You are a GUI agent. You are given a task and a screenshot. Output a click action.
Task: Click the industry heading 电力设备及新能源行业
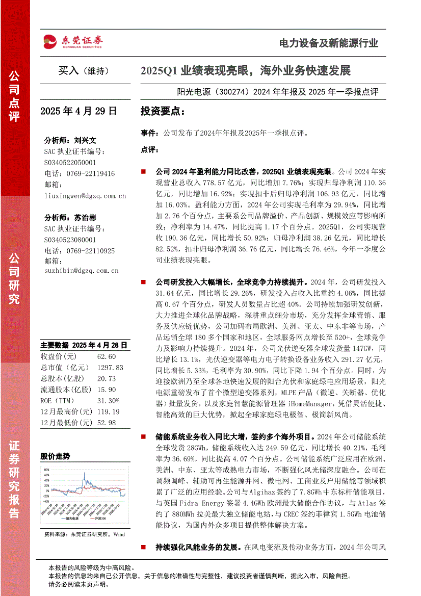pyautogui.click(x=328, y=43)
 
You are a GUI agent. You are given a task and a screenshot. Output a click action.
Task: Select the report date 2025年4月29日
pyautogui.click(x=78, y=111)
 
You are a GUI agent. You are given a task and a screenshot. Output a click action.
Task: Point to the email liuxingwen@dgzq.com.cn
pyautogui.click(x=85, y=195)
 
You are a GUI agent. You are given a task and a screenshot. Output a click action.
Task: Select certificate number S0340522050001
pyautogui.click(x=70, y=162)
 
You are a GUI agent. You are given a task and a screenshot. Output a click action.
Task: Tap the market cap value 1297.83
pyautogui.click(x=109, y=367)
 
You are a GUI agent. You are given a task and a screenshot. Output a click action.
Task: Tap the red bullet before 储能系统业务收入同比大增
pyautogui.click(x=144, y=437)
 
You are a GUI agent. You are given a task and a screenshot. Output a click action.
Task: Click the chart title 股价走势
pyautogui.click(x=55, y=456)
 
